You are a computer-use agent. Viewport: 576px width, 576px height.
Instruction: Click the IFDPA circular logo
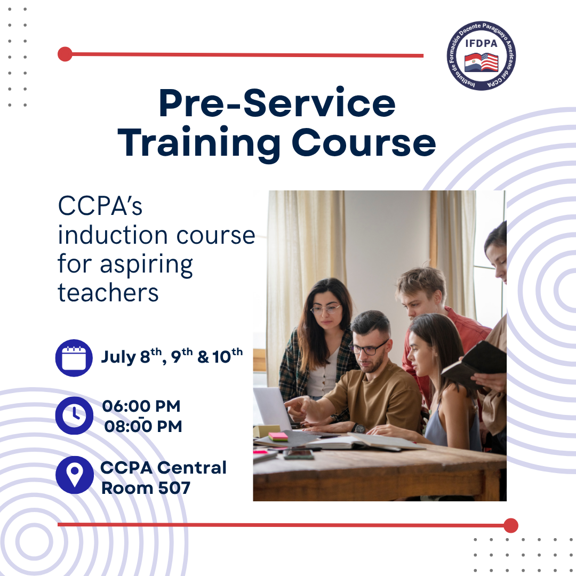[x=481, y=55]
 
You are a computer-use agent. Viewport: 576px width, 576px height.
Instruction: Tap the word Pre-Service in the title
[x=277, y=103]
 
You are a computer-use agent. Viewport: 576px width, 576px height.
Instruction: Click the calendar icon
[x=74, y=358]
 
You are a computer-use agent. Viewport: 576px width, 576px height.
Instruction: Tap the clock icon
[x=74, y=415]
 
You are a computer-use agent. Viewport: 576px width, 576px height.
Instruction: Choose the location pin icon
[x=75, y=475]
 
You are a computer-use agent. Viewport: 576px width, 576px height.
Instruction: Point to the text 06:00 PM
[x=141, y=406]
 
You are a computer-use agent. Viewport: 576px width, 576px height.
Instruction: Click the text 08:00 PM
[x=143, y=427]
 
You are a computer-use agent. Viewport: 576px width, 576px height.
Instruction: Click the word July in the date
[x=118, y=357]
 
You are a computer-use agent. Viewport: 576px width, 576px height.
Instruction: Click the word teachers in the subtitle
[x=108, y=293]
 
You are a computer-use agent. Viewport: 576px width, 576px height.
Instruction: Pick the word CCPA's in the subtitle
[x=100, y=206]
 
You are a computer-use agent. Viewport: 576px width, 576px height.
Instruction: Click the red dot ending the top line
[x=65, y=54]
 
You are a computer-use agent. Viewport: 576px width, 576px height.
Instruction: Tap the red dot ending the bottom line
[x=510, y=525]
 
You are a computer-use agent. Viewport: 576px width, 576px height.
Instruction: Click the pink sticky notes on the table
[x=278, y=436]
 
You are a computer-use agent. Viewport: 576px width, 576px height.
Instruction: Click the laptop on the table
[x=274, y=409]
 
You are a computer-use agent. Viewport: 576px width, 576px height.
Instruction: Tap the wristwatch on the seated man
[x=358, y=428]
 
